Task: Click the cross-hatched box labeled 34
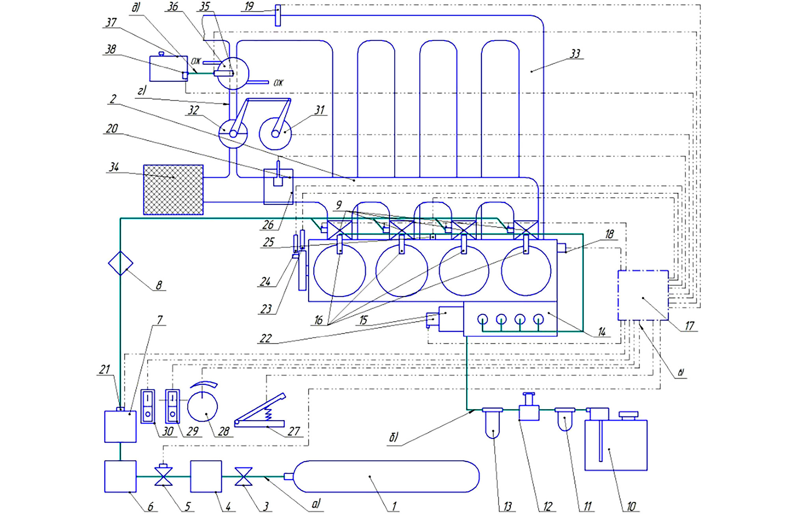coord(173,190)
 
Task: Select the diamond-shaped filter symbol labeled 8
coord(121,263)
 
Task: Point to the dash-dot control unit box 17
coord(643,295)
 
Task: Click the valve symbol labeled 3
coord(244,477)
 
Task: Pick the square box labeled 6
coord(120,477)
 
